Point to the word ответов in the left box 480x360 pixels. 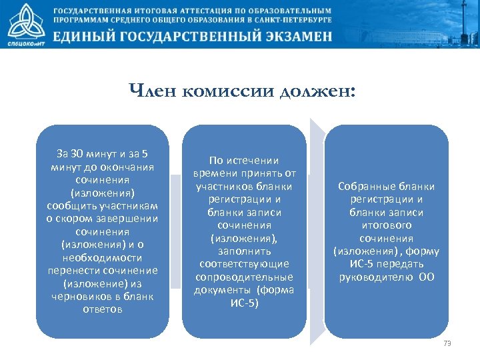point(102,309)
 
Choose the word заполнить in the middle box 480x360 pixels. point(244,251)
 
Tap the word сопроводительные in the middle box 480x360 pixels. point(243,277)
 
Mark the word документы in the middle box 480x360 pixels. point(223,290)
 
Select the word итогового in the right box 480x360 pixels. point(386,225)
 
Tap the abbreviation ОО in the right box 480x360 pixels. point(426,277)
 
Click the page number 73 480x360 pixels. point(447,343)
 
